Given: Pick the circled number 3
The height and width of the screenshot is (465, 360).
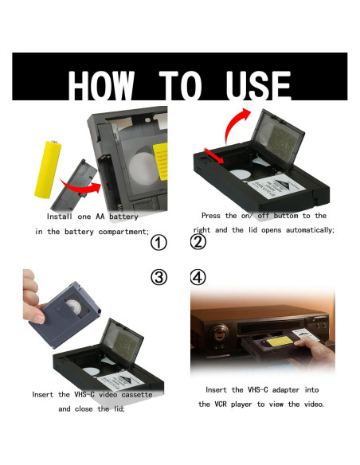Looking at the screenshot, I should pyautogui.click(x=159, y=277).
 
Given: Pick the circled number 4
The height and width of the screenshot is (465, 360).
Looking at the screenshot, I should pyautogui.click(x=198, y=277).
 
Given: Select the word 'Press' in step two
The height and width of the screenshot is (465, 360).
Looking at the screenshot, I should pyautogui.click(x=213, y=216).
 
